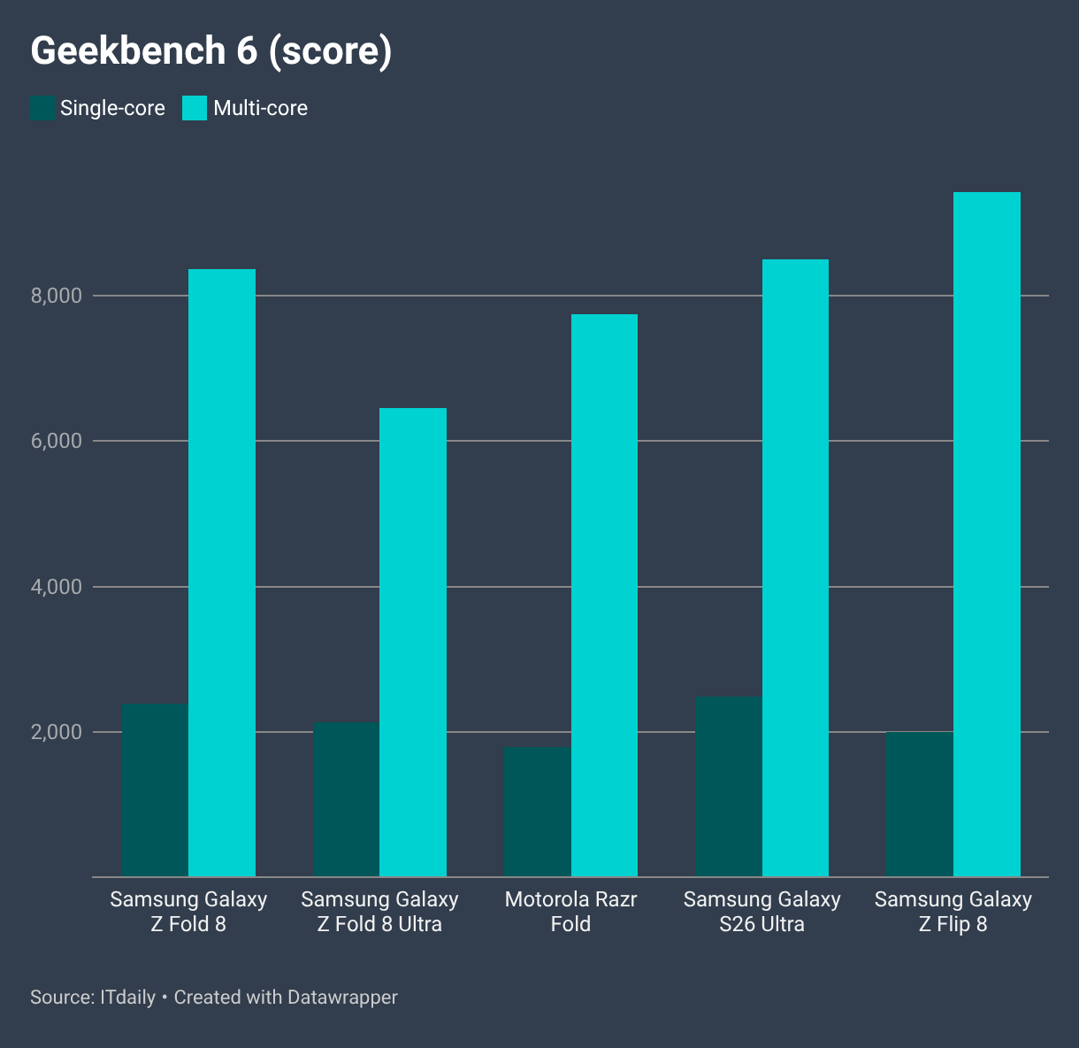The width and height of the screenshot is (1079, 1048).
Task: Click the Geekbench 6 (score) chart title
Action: click(x=210, y=51)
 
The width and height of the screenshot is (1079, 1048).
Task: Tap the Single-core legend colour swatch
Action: click(x=42, y=108)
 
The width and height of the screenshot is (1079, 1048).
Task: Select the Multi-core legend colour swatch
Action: click(x=195, y=108)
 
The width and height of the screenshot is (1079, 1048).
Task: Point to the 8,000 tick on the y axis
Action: click(x=56, y=295)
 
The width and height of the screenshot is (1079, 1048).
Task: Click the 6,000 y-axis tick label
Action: click(x=56, y=441)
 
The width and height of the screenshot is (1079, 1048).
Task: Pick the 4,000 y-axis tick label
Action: click(x=56, y=587)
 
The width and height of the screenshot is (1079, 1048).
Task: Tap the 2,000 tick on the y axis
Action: click(x=56, y=732)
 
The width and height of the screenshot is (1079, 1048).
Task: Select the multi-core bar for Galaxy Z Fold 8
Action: click(x=222, y=573)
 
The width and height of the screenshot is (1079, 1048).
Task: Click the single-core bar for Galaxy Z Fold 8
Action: click(x=156, y=790)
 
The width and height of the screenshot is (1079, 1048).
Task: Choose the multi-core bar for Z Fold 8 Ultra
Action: click(x=413, y=642)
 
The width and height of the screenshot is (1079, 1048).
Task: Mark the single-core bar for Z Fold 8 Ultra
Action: click(x=347, y=799)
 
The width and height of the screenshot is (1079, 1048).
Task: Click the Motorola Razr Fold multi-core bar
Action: click(x=604, y=596)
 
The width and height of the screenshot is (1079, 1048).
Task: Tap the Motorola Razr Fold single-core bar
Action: click(x=538, y=812)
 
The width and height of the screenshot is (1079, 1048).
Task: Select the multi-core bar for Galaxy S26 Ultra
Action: click(x=796, y=567)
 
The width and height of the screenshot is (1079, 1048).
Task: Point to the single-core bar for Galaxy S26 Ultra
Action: click(x=729, y=787)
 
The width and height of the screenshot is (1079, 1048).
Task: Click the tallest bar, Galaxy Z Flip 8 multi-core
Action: click(x=987, y=535)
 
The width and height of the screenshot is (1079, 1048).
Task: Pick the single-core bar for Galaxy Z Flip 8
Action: click(x=920, y=804)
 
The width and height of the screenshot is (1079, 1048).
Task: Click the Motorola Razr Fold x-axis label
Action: click(x=571, y=912)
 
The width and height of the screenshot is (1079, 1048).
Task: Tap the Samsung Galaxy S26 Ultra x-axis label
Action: click(x=761, y=912)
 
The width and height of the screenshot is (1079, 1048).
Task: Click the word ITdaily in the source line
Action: click(x=127, y=997)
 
